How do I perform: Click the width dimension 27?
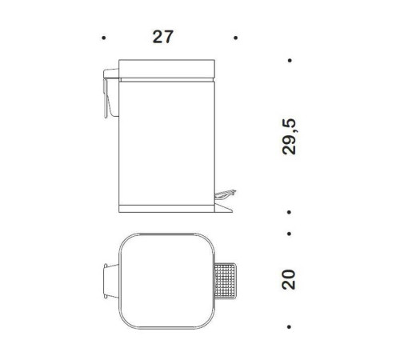[x=164, y=37]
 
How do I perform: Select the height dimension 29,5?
[x=289, y=137]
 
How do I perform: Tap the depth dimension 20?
[x=289, y=279]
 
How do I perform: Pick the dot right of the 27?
[x=234, y=38]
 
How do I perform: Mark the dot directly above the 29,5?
[x=289, y=61]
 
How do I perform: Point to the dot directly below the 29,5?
[x=289, y=212]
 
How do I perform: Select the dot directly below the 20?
[x=289, y=327]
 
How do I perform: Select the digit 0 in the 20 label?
[x=289, y=274]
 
